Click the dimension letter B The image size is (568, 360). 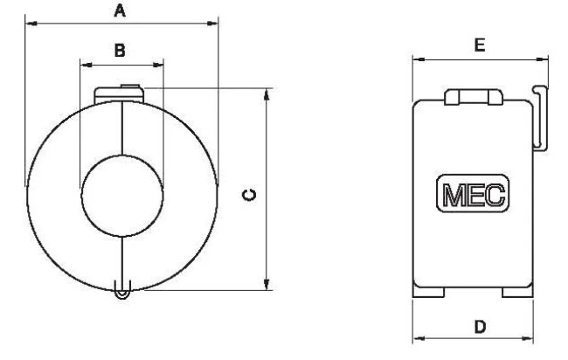(121, 51)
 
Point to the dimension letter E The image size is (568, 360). (480, 45)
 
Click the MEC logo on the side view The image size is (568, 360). (473, 195)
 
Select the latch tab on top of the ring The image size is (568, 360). (121, 93)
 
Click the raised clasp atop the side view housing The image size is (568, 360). (472, 97)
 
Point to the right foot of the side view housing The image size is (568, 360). (515, 294)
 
